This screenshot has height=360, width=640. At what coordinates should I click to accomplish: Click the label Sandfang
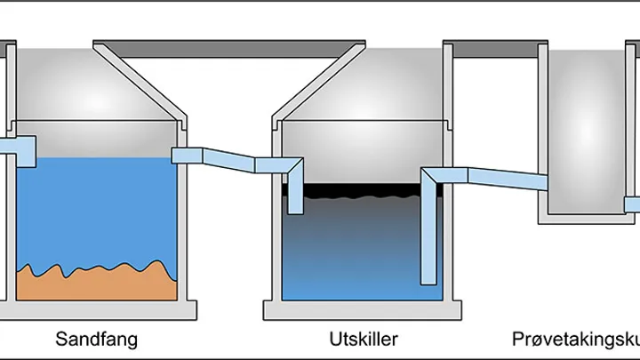click(x=96, y=339)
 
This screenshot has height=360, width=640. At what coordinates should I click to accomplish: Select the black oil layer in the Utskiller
click(x=356, y=189)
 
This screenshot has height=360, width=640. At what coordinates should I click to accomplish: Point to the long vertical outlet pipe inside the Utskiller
click(x=430, y=231)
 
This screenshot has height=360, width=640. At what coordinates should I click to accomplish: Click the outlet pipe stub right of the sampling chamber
click(x=632, y=204)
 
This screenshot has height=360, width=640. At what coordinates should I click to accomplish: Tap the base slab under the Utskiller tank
click(x=360, y=310)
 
